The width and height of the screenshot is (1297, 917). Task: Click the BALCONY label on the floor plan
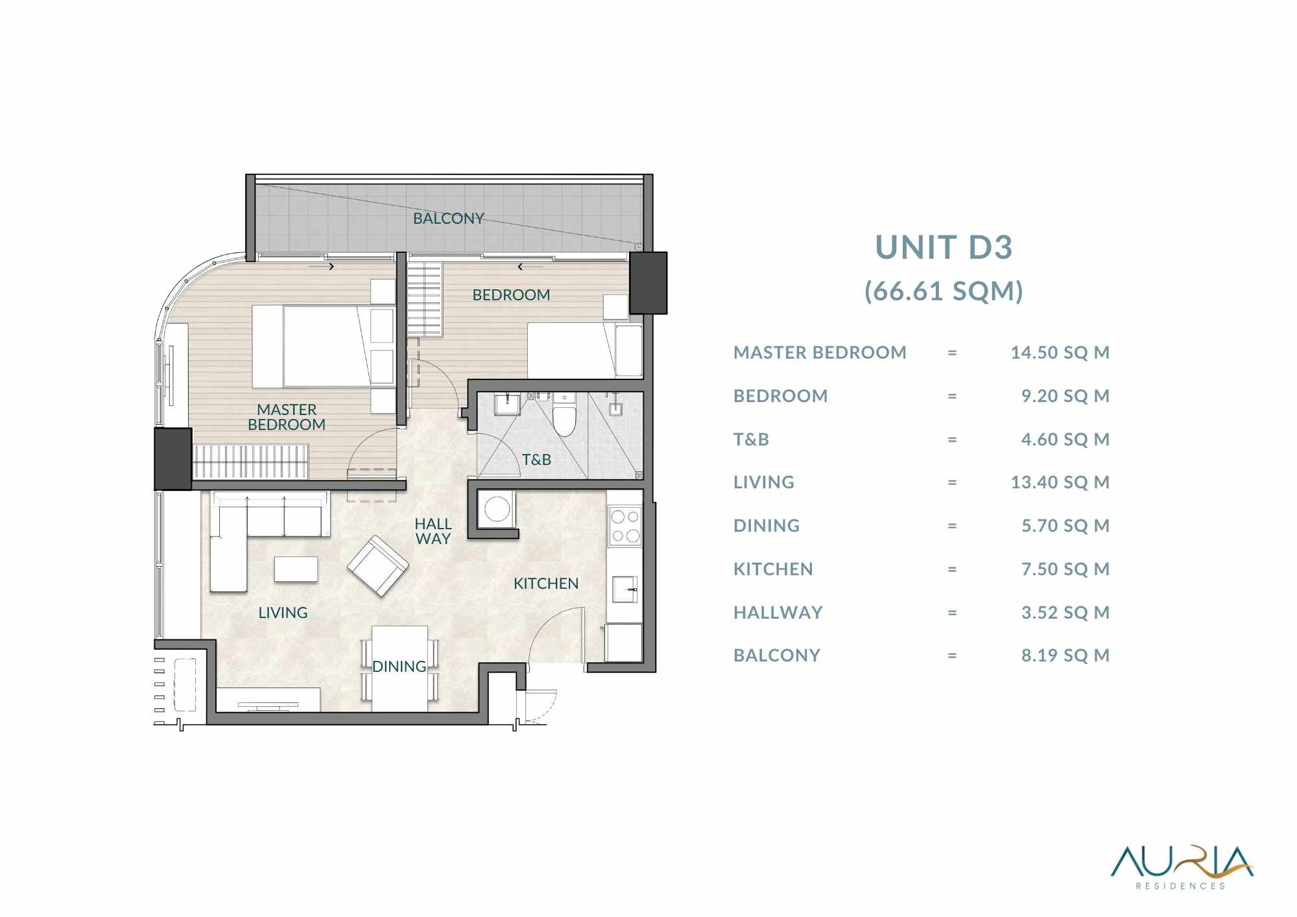pyautogui.click(x=449, y=219)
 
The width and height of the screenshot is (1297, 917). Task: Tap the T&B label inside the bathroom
pyautogui.click(x=536, y=460)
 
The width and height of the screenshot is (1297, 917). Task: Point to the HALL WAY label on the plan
pyautogui.click(x=433, y=531)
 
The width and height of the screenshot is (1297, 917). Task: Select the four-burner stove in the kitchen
pyautogui.click(x=625, y=526)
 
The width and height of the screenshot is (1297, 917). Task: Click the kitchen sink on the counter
pyautogui.click(x=625, y=589)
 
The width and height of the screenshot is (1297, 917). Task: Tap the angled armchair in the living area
pyautogui.click(x=377, y=566)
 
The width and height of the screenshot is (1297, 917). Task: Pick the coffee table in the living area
pyautogui.click(x=296, y=569)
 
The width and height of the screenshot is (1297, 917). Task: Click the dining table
pyautogui.click(x=399, y=668)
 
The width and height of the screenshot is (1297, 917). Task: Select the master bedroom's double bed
pyautogui.click(x=323, y=347)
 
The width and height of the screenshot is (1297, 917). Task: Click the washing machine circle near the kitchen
pyautogui.click(x=497, y=509)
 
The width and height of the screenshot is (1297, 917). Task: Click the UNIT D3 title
pyautogui.click(x=944, y=247)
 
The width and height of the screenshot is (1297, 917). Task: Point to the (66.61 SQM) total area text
pyautogui.click(x=944, y=291)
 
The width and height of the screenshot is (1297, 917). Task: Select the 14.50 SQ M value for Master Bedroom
pyautogui.click(x=1060, y=353)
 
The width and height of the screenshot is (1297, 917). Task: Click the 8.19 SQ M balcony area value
pyautogui.click(x=1065, y=656)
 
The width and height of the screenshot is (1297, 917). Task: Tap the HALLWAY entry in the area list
pyautogui.click(x=778, y=612)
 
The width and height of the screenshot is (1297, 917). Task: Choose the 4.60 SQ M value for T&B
pyautogui.click(x=1065, y=440)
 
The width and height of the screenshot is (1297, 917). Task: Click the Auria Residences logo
pyautogui.click(x=1182, y=867)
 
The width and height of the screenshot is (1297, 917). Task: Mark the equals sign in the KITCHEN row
pyautogui.click(x=952, y=569)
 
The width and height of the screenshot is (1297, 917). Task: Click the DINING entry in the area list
pyautogui.click(x=767, y=526)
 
